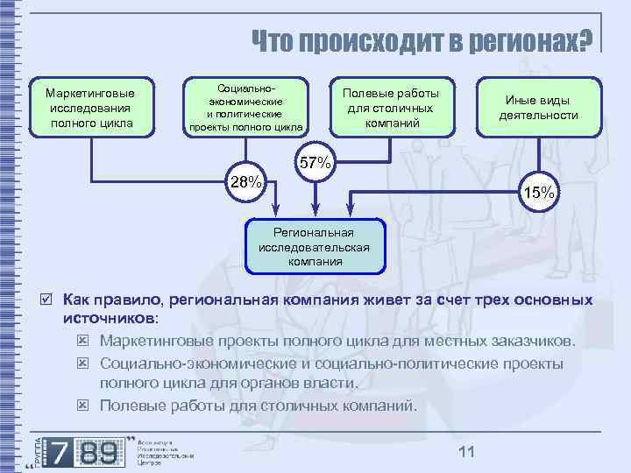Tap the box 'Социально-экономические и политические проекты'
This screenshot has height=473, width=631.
coord(246,108)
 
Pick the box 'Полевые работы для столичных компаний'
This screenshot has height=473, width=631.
coord(391,108)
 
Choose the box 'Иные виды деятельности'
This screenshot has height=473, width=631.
coord(538,108)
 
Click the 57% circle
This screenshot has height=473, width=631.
coord(315,163)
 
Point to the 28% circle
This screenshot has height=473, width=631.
coord(245,182)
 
